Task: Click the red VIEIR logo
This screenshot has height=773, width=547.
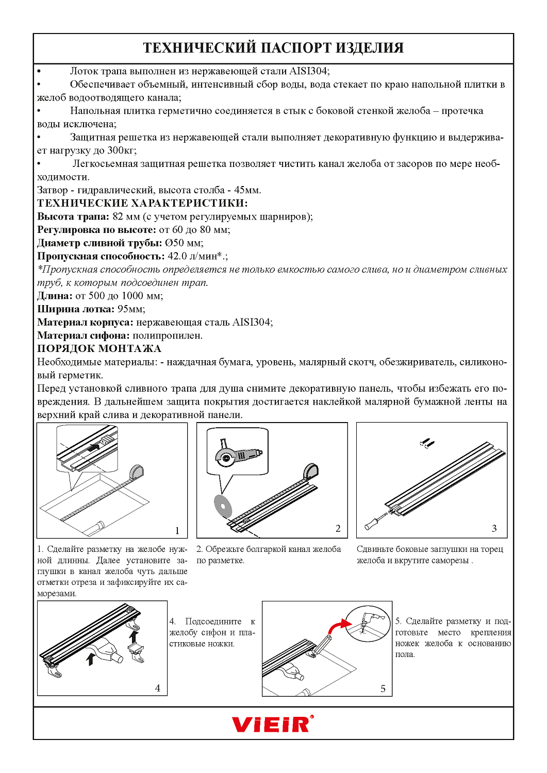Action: tap(272, 724)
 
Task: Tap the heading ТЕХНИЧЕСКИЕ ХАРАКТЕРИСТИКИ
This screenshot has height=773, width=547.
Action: tap(142, 203)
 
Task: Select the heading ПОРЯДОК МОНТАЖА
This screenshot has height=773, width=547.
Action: tap(99, 348)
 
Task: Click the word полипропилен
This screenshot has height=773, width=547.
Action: tap(168, 335)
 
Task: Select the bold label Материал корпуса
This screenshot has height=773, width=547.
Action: tap(85, 322)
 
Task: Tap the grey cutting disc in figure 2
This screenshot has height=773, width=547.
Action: tap(223, 506)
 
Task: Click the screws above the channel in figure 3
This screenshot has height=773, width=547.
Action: tap(427, 443)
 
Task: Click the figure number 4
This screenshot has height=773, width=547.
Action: tap(158, 688)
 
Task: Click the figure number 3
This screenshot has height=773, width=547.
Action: tap(494, 528)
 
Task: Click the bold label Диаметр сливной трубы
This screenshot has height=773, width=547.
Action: tap(100, 243)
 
